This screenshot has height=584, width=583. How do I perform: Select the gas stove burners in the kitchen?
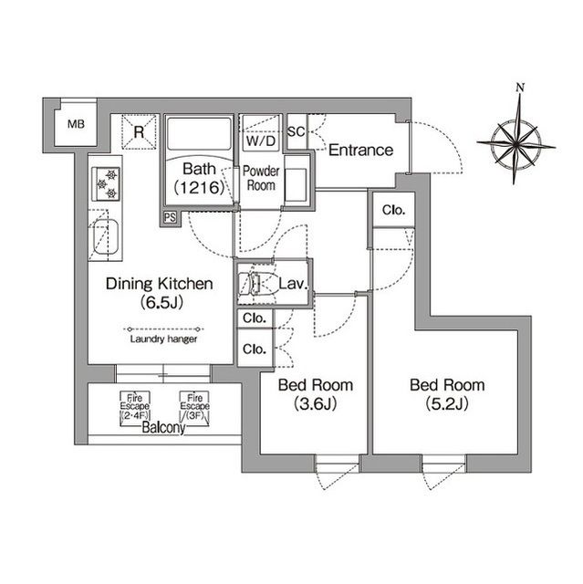click(x=107, y=184)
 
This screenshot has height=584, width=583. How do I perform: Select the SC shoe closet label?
click(x=296, y=130)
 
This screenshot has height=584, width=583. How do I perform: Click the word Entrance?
click(x=360, y=151)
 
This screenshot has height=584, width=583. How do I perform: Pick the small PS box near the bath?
click(x=171, y=217)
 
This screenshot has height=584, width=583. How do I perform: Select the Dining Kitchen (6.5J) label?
click(x=159, y=293)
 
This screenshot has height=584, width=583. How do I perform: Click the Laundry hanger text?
click(x=161, y=339)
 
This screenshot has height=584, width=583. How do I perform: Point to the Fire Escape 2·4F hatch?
click(x=134, y=406)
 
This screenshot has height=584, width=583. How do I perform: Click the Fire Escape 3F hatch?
click(x=193, y=406)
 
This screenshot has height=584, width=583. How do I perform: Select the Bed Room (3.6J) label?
click(x=316, y=394)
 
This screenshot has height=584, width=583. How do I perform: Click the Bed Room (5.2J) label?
click(x=446, y=394)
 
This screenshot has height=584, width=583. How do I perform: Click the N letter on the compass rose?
click(x=519, y=88)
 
